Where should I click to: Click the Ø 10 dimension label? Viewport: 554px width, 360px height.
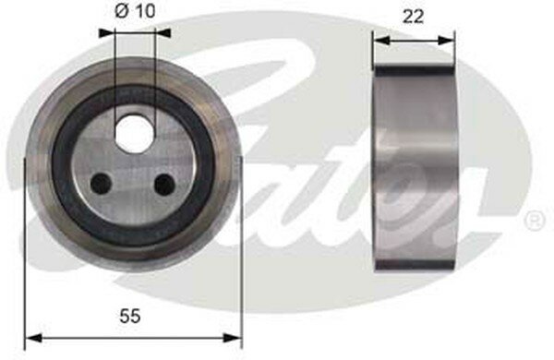coord(135,11)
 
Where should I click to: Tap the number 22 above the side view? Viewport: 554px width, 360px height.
coord(413,17)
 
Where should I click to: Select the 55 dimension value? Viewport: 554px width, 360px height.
coord(130,316)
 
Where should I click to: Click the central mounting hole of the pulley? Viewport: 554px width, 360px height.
coord(135,133)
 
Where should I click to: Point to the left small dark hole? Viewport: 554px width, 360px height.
coord(102,184)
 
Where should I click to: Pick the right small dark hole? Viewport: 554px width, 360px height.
coord(164,184)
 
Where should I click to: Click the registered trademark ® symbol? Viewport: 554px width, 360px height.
coord(536,221)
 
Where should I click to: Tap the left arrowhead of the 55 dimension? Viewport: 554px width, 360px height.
coord(34,338)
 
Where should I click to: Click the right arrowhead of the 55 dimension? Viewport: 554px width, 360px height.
coord(232,338)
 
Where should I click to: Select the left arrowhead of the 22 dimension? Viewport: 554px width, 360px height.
coord(382,41)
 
